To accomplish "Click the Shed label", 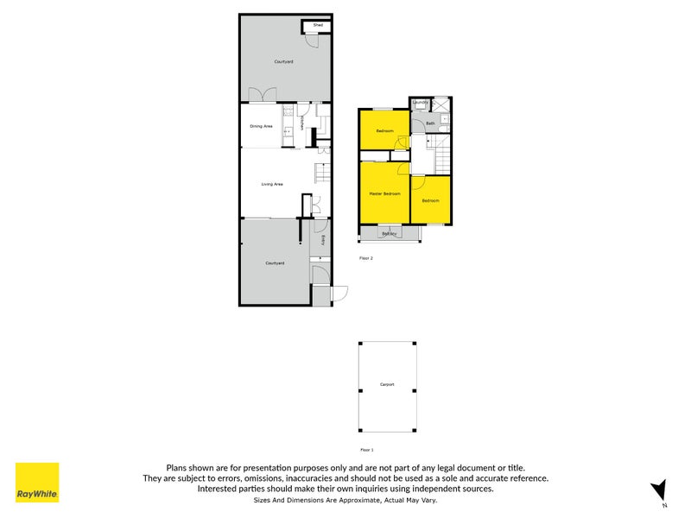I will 318,26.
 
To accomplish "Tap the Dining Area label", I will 262,127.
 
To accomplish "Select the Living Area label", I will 273,184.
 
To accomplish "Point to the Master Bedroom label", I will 384,193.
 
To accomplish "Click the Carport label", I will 387,384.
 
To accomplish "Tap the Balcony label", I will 390,233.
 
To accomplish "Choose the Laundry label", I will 421,104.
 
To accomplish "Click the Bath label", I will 430,123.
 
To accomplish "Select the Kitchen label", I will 301,123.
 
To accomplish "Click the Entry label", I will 322,241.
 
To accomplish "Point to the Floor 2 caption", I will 366,258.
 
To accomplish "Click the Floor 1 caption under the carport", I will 366,451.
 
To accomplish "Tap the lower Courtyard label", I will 275,263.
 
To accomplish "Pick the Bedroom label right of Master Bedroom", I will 430,200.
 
